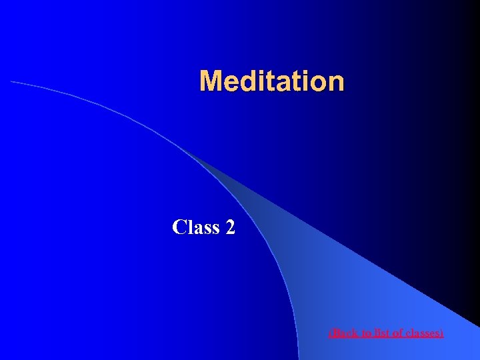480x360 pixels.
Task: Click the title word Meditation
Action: (x=272, y=81)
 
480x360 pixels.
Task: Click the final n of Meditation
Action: (x=335, y=82)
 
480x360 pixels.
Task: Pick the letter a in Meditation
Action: (x=282, y=82)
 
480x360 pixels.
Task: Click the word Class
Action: (x=196, y=227)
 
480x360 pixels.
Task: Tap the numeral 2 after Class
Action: (x=230, y=227)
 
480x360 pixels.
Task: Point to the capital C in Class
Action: (x=179, y=227)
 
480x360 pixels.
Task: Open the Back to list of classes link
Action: (x=386, y=332)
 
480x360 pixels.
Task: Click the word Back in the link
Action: (x=345, y=332)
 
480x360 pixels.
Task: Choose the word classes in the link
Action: (x=423, y=332)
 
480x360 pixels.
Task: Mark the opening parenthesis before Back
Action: (x=331, y=332)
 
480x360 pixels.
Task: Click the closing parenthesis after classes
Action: (x=441, y=332)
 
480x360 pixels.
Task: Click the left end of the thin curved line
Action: (x=12, y=81)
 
